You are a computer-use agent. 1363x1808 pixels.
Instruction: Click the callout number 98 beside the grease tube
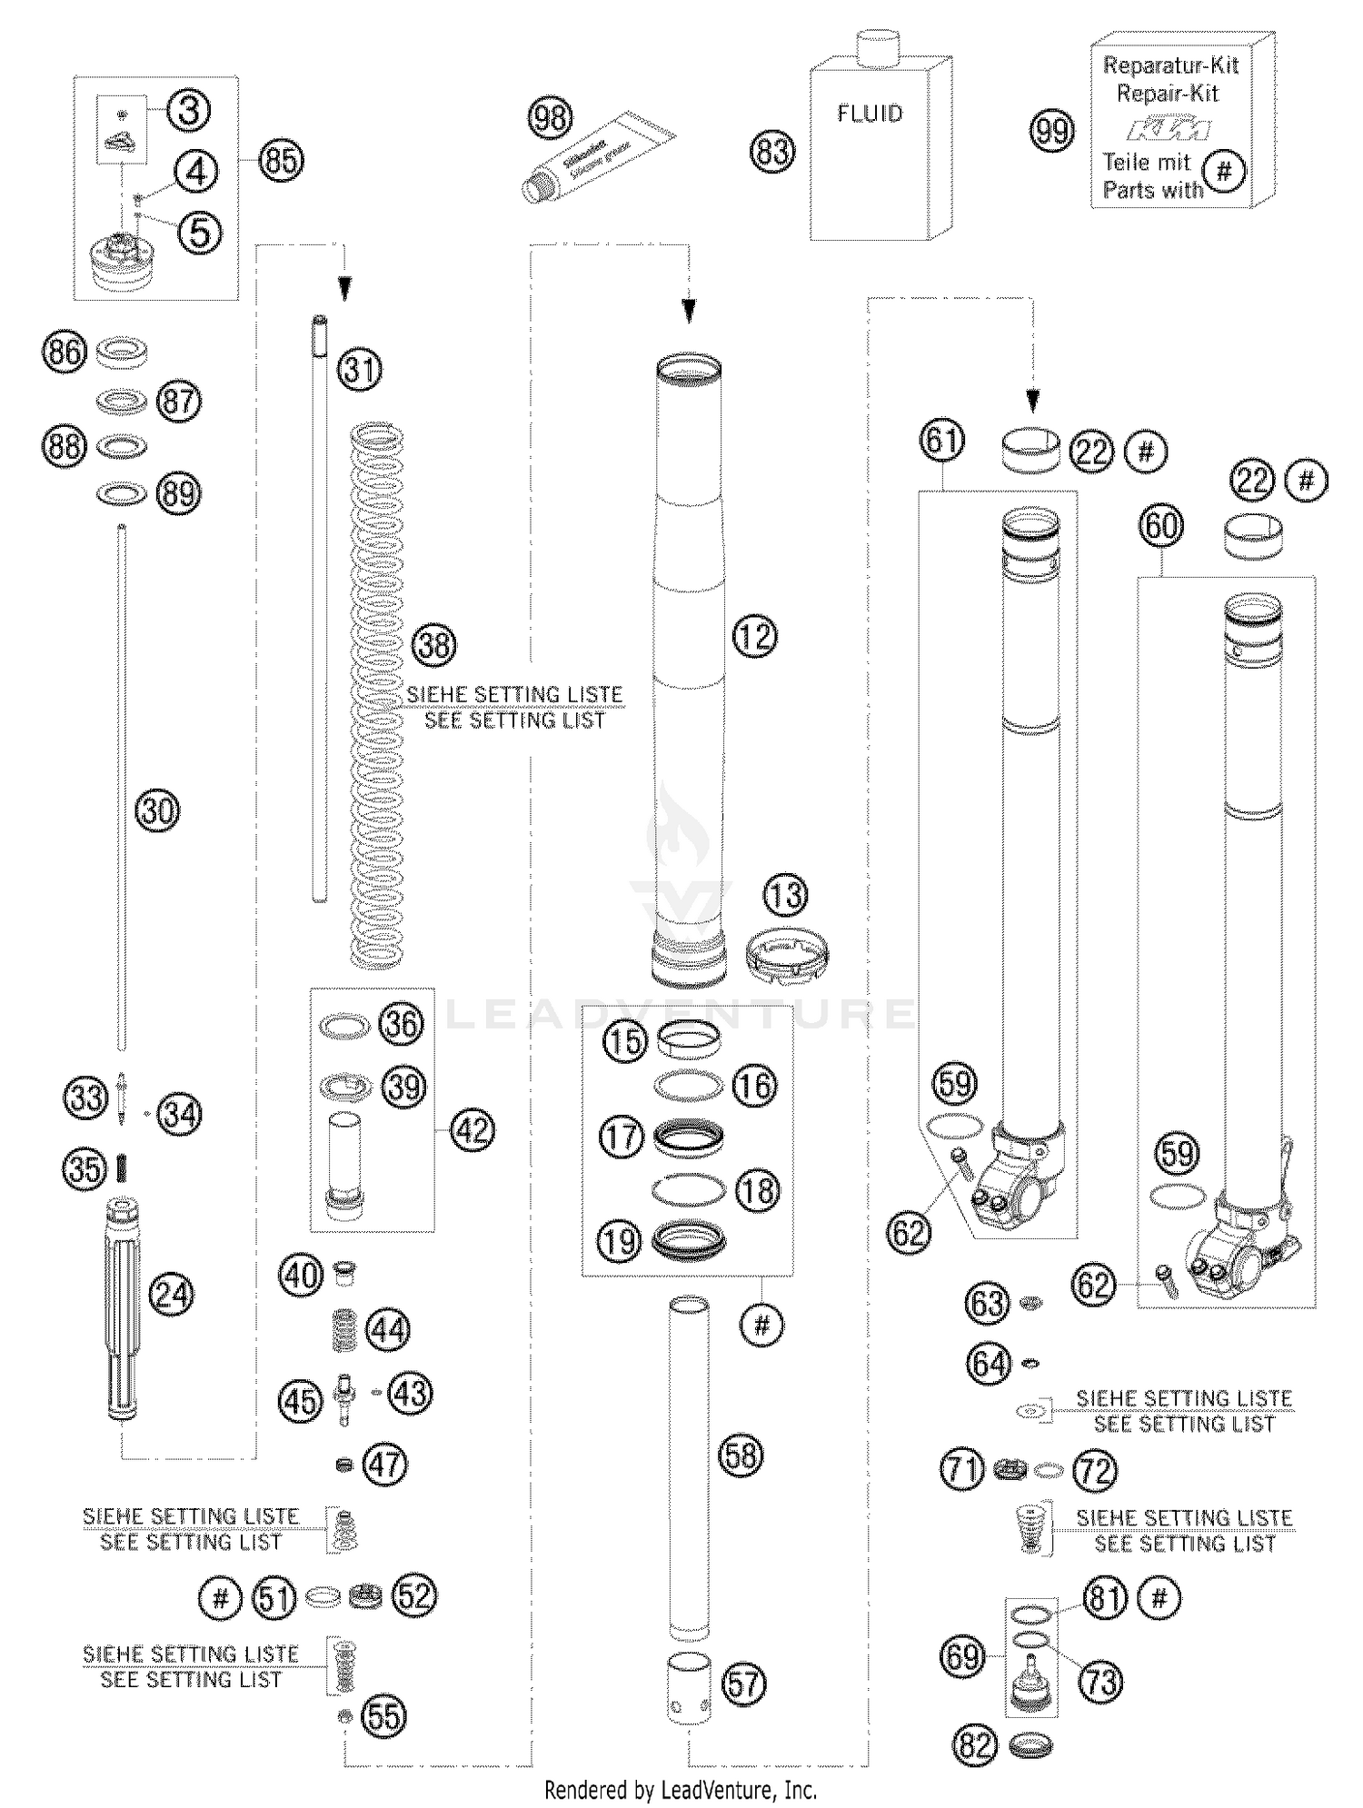tap(551, 118)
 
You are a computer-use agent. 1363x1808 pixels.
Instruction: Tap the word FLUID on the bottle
tap(870, 114)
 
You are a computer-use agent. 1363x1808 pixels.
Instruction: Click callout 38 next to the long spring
tap(434, 645)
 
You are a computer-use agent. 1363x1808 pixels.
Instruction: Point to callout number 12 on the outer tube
tap(754, 636)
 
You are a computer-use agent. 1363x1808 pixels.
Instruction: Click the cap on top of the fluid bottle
tap(878, 47)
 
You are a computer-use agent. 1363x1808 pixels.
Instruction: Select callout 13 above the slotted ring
tap(785, 896)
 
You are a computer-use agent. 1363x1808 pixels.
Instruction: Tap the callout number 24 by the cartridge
tap(172, 1294)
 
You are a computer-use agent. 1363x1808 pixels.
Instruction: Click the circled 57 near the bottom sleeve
tap(743, 1684)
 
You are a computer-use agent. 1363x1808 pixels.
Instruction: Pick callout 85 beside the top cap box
tap(281, 161)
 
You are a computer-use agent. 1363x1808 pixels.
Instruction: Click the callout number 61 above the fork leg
tap(941, 441)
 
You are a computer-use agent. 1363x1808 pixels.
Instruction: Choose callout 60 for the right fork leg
tap(1161, 526)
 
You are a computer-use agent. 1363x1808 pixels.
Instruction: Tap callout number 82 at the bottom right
tap(975, 1745)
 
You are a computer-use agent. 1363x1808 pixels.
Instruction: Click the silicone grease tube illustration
tap(600, 157)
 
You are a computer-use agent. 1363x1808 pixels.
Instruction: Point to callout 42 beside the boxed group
tap(473, 1131)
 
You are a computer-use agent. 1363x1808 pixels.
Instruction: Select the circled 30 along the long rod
tap(157, 810)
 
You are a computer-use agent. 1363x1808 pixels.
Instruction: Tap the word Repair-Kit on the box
tap(1168, 93)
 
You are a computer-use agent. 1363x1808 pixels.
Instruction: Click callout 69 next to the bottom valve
tap(961, 1655)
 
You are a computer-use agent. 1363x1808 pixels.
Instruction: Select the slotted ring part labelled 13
tap(786, 957)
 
